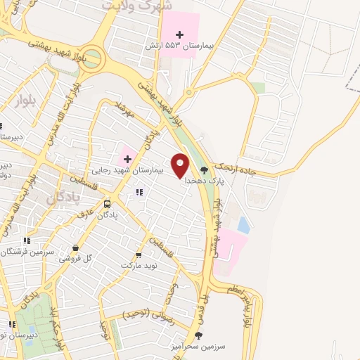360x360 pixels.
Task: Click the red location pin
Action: coord(181,165)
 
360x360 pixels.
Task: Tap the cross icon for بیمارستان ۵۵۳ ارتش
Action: coord(180,34)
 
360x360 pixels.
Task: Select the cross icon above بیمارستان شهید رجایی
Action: coord(127,159)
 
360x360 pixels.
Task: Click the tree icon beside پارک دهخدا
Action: coord(205,169)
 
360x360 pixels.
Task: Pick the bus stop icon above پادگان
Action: coord(107,205)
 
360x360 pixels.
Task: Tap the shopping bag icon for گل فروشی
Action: coord(75,247)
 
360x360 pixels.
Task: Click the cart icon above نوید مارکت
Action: coord(138,255)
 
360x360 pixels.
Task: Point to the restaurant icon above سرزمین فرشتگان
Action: coord(27,240)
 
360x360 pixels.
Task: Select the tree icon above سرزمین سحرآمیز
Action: coord(198,335)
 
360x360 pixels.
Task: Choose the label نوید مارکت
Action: coord(137,266)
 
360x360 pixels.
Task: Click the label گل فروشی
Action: coord(79,258)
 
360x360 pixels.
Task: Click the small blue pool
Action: coord(243,226)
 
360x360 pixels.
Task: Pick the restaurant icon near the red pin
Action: coord(139,192)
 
